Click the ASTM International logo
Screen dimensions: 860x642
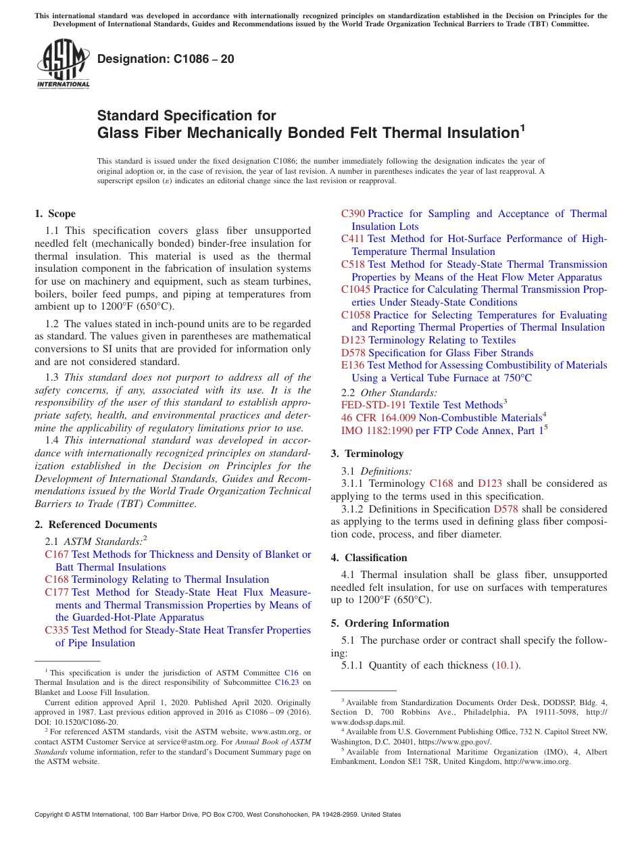click(63, 64)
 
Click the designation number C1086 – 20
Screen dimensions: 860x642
click(166, 59)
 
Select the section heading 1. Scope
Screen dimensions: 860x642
click(55, 214)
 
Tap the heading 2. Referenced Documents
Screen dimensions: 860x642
click(96, 525)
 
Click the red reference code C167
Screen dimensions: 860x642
click(57, 554)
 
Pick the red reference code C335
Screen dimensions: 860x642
click(57, 630)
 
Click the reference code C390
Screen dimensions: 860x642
click(353, 214)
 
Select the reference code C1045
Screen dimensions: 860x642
click(355, 289)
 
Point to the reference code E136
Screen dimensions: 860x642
click(352, 365)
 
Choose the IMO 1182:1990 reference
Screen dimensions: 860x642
click(376, 430)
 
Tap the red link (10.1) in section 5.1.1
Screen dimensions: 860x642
click(506, 665)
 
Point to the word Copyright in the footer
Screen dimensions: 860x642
click(51, 815)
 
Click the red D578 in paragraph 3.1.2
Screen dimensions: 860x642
click(505, 509)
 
